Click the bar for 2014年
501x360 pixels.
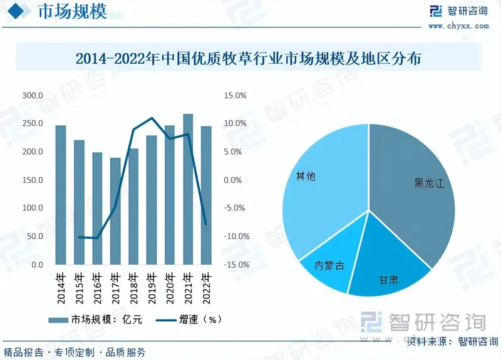pos(61,195)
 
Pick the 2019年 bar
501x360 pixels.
pos(152,200)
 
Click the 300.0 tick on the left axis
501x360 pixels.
pos(32,96)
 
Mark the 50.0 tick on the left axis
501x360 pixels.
pos(34,237)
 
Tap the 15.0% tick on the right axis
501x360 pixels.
pos(236,96)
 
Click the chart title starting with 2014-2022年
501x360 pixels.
pos(250,59)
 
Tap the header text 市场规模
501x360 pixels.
pos(72,12)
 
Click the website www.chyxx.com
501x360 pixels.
pos(458,26)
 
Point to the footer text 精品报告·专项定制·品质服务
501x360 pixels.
pos(75,352)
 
